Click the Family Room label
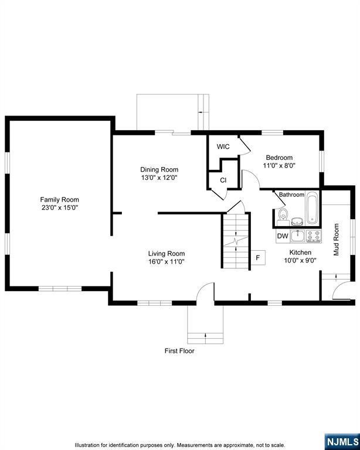coord(59,199)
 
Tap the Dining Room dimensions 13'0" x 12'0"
coord(159,178)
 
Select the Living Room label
coord(167,253)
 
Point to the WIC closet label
coord(223,146)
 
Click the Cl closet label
coord(223,180)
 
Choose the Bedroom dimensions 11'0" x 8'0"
coord(279,166)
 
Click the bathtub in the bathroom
coord(312,207)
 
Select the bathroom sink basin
coord(298,221)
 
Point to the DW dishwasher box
coord(283,236)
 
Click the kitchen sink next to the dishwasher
coord(298,236)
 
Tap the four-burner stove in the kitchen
coord(314,236)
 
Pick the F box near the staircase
coord(258,257)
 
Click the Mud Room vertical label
coord(336,239)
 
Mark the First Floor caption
coord(179,351)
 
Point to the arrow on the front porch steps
coord(206,335)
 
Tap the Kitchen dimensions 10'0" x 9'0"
coord(300,260)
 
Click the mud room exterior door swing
coord(337,287)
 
